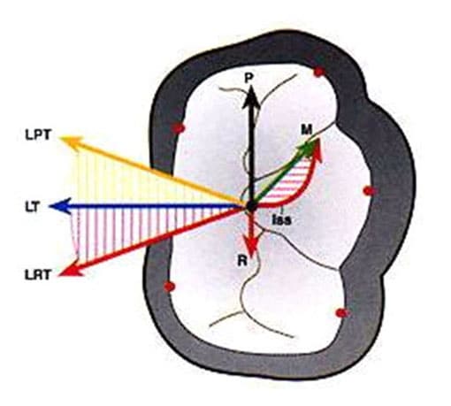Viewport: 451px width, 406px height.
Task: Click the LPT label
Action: pos(38,135)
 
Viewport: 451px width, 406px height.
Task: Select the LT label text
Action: pos(32,207)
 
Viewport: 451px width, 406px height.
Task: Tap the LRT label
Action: pos(38,275)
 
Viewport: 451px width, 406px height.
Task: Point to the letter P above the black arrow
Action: pos(249,78)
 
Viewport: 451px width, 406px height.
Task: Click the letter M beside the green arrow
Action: pos(307,130)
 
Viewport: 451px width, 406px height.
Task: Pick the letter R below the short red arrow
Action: pos(242,261)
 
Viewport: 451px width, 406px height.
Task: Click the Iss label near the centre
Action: pos(281,219)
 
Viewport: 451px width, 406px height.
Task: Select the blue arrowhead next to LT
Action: pos(60,206)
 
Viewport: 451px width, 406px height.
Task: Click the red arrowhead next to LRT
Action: pos(71,270)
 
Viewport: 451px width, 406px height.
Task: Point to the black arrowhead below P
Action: pos(251,97)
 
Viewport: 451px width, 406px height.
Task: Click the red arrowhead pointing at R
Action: pos(251,245)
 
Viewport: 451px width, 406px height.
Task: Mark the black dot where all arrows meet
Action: pos(251,206)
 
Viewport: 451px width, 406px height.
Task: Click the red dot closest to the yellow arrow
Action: pos(178,128)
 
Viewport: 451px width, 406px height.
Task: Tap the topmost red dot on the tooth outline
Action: pos(319,72)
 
